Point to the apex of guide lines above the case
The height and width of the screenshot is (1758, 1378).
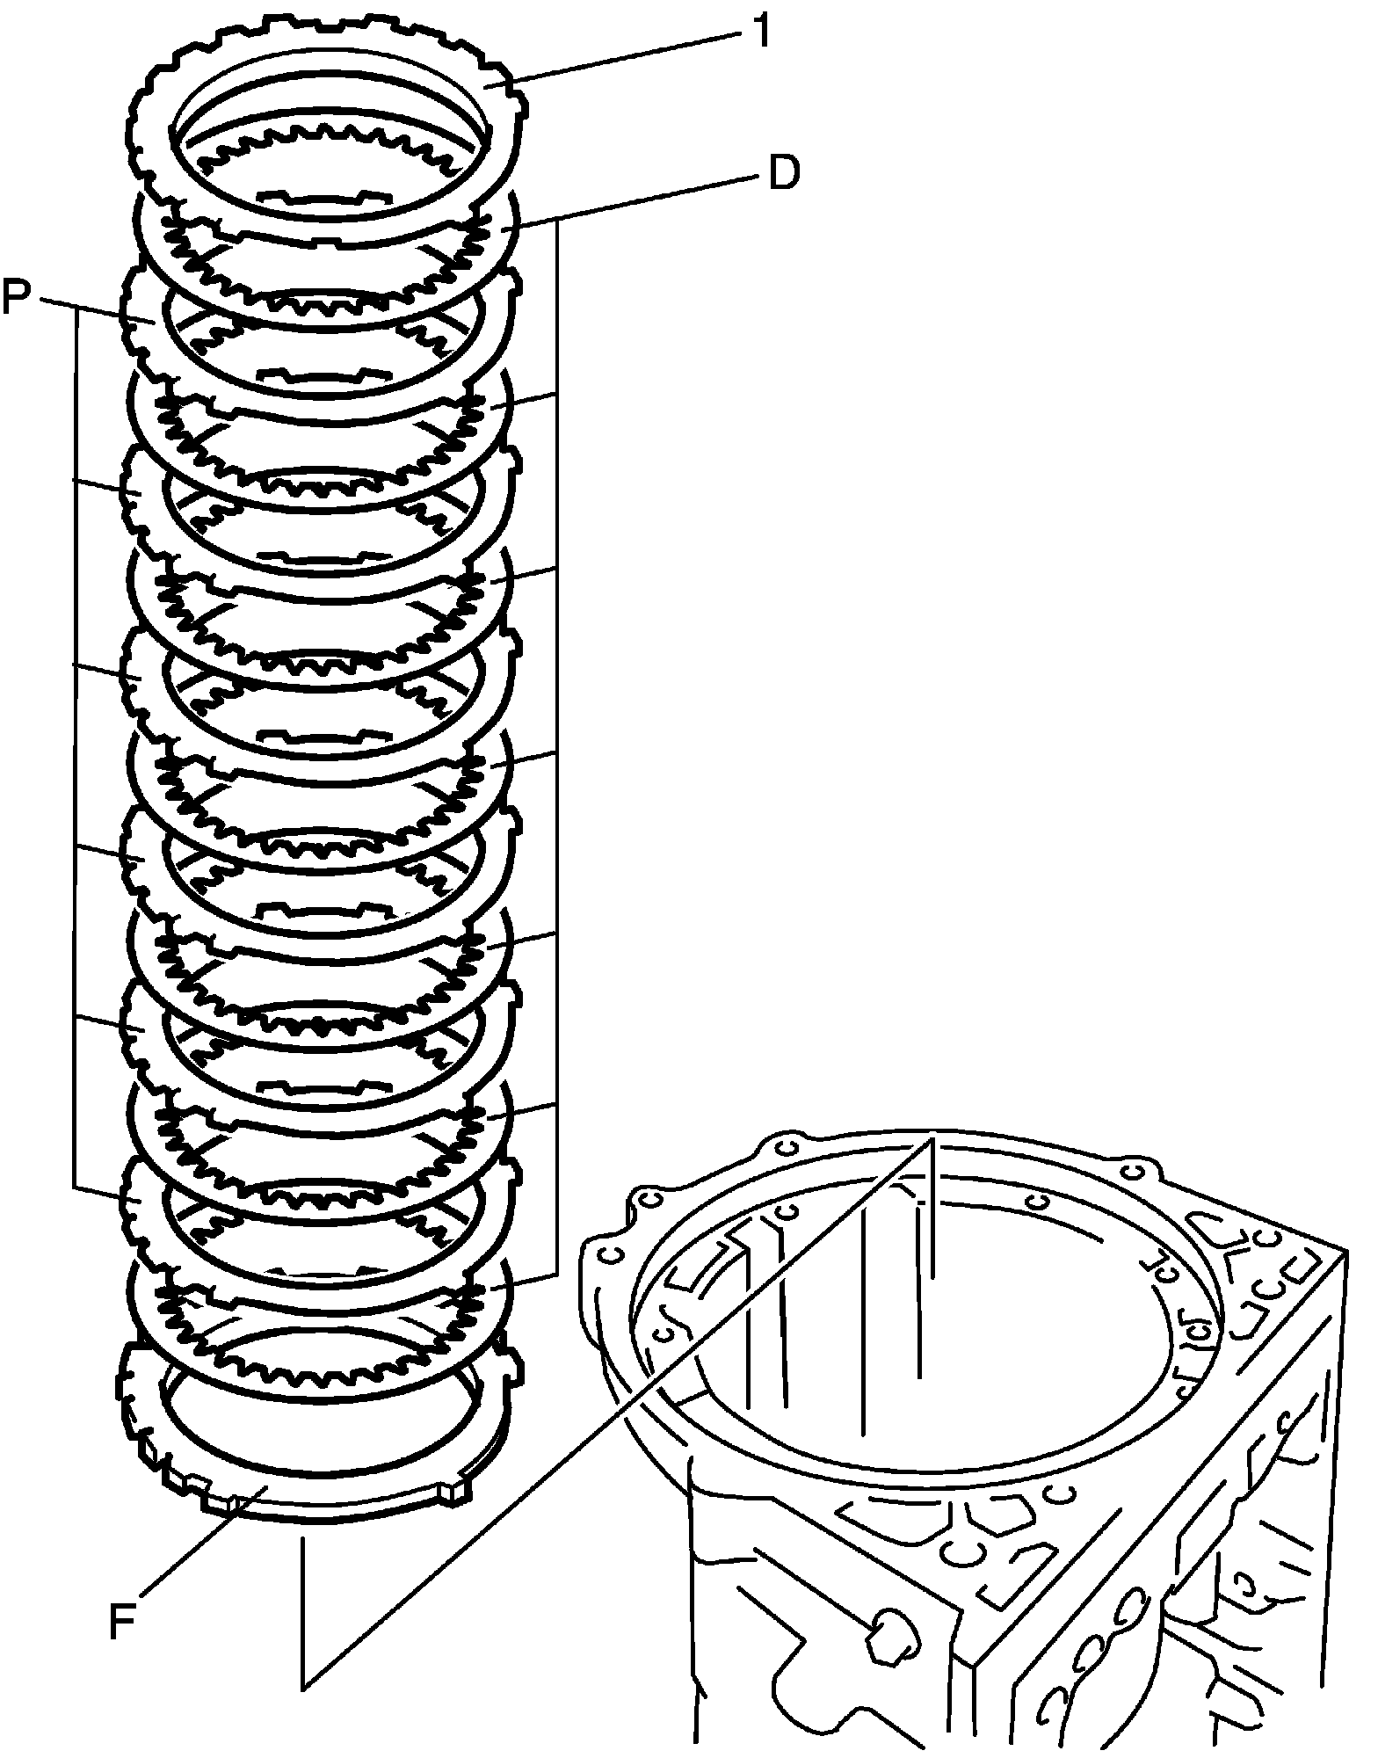(x=932, y=1139)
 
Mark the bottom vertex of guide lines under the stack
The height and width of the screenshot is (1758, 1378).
(x=302, y=1688)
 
